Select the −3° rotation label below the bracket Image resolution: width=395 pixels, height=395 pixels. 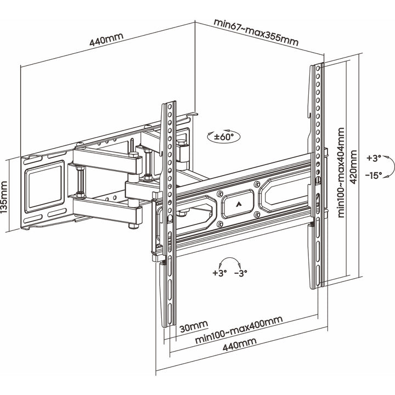(241, 273)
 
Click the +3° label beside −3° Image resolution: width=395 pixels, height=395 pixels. (219, 273)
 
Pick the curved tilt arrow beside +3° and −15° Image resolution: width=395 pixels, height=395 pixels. (388, 167)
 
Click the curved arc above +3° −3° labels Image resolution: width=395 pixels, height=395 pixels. (230, 261)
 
